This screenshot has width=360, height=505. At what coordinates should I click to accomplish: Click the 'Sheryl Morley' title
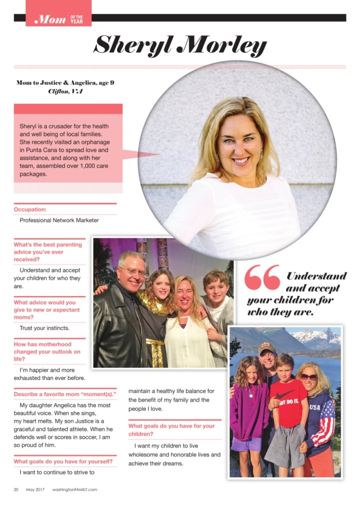point(180,44)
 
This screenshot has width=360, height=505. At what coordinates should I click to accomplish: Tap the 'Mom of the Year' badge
point(59,19)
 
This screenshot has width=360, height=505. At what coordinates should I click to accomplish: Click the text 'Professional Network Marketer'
point(59,220)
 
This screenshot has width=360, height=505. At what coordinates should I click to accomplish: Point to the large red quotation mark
point(262,278)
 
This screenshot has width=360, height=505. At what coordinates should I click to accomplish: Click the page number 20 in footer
point(16,489)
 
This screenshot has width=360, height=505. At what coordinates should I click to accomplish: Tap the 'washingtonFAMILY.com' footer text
point(75,489)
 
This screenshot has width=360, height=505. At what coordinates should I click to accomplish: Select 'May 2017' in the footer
point(35,489)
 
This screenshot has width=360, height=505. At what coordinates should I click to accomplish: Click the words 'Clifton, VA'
point(65,91)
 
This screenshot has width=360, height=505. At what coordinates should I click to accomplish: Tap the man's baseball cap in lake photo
point(268,348)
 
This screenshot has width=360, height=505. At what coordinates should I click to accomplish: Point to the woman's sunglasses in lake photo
point(309,377)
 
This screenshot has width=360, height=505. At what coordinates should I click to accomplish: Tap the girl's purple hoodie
point(250,410)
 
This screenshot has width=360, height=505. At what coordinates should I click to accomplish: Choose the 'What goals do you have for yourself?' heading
point(63,462)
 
